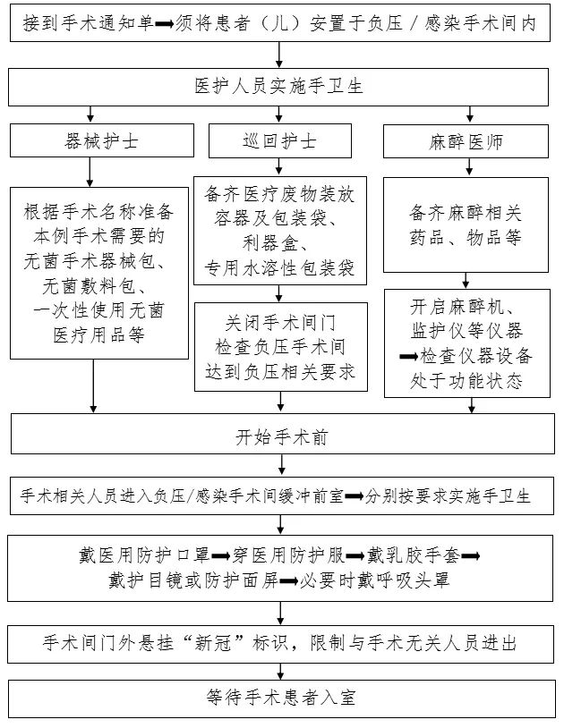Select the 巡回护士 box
pos(279,141)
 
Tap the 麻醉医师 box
pos(466,141)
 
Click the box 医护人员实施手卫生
pos(281,87)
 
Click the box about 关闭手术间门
pos(280,346)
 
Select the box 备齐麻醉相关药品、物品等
pos(466,225)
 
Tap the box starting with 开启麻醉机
pos(466,343)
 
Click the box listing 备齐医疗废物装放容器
pos(279,231)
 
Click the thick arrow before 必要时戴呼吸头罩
pos(288,580)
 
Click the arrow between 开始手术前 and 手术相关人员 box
pos(281,465)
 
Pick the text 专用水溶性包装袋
pos(279,267)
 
